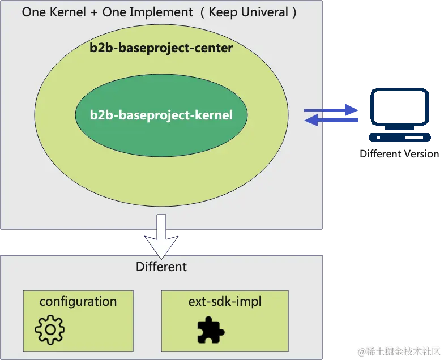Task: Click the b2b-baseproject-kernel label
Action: (161, 115)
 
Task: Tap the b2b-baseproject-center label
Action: (161, 48)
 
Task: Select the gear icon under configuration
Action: (49, 329)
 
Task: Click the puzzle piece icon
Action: (211, 330)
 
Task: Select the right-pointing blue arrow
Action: (332, 110)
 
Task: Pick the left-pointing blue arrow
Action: (332, 120)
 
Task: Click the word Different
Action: (161, 266)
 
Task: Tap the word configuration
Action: (78, 301)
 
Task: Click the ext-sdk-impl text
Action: (225, 301)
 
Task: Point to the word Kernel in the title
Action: (65, 12)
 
